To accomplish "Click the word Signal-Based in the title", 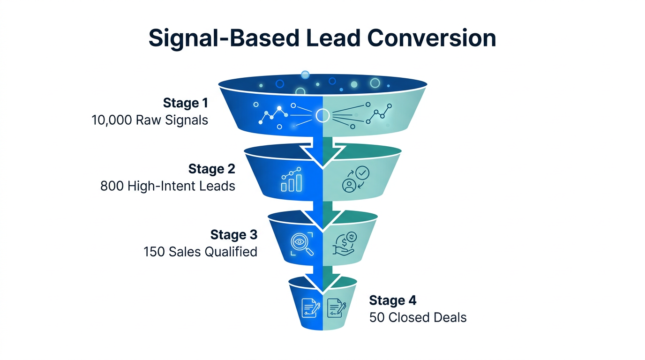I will click(x=223, y=38).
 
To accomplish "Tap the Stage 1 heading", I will click(x=185, y=103).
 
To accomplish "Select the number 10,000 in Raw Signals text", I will click(x=112, y=120).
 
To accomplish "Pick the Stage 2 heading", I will click(x=211, y=169).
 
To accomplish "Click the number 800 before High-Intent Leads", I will click(x=112, y=186).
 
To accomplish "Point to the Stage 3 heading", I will click(x=233, y=234).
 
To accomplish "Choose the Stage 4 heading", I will click(x=393, y=300).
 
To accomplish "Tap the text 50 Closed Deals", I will click(x=418, y=317).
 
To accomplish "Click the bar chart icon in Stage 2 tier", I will click(x=291, y=181).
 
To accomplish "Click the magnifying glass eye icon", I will click(x=299, y=244).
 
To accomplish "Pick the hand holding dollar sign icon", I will click(x=345, y=244).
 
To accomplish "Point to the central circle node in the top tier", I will click(x=322, y=115).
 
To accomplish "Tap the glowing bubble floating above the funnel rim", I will click(x=305, y=75).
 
